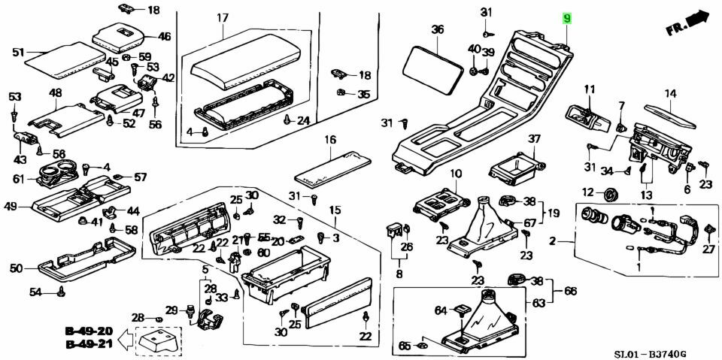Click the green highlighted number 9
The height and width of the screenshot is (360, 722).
coord(566,17)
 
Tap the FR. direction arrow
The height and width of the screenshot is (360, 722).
coord(687,24)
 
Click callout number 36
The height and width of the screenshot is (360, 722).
coord(438,30)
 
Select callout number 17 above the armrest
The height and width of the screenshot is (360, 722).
coord(223,17)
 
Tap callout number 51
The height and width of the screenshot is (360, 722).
coord(19,52)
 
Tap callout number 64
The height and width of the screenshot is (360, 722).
coord(441,310)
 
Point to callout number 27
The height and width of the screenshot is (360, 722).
coord(707,249)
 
